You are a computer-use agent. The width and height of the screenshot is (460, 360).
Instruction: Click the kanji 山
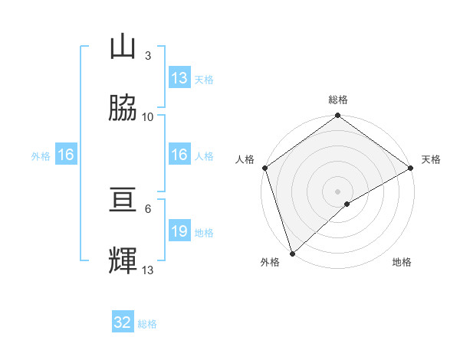pos(123,47)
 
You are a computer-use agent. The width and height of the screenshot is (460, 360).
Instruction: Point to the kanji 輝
pos(123,261)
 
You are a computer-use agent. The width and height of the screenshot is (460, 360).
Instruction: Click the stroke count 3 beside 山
pos(147,55)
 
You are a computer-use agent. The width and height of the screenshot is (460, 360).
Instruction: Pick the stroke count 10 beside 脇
pos(148,116)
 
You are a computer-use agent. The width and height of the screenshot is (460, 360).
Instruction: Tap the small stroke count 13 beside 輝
pos(148,270)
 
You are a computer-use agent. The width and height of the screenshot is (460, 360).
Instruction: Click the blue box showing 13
pos(179,78)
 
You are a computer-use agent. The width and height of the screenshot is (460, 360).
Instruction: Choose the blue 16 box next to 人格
pos(179,155)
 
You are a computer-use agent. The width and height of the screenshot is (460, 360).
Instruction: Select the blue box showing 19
pos(179,231)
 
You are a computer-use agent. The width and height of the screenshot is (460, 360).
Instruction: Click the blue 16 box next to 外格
pos(66,155)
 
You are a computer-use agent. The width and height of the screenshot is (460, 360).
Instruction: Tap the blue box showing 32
pos(123,322)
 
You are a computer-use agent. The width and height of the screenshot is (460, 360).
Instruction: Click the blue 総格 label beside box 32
pos(147,324)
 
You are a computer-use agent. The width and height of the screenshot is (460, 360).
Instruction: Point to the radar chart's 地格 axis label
pos(402,262)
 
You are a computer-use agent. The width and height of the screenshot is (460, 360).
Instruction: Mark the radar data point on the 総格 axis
pos(337,116)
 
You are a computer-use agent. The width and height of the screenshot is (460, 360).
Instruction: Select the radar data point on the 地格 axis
pos(347,204)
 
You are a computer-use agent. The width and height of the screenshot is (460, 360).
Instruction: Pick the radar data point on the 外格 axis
pos(292,252)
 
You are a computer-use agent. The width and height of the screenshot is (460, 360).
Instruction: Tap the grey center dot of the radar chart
pos(337,191)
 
